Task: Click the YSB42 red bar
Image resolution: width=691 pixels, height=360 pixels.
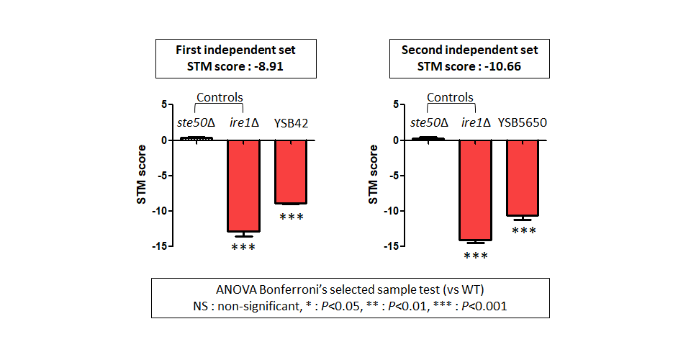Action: pos(291,172)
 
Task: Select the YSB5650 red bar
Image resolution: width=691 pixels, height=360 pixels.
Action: pos(523,178)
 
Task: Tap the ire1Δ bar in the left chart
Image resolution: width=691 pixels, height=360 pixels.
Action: pos(244,186)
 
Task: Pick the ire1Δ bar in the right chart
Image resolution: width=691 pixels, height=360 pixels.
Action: pos(476,190)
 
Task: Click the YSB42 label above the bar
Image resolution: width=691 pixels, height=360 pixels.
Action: pos(291,123)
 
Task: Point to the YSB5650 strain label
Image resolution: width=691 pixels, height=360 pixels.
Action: pos(523,122)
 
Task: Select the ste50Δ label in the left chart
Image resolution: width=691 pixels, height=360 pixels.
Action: pos(196,123)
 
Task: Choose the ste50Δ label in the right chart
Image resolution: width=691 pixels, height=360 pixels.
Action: pos(429,122)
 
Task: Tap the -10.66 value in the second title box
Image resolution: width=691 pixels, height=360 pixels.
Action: pos(503,66)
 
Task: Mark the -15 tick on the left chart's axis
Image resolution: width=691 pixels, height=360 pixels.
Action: pos(160,246)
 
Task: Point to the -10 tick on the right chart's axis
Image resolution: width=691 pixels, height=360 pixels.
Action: pos(392,211)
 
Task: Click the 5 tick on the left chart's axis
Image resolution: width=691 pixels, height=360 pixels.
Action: pos(164,104)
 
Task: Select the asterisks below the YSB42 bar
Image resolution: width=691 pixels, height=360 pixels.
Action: pos(292,217)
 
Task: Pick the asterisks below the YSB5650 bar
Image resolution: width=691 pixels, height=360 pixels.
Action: pos(524,230)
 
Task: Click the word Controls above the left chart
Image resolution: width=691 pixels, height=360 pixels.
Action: pos(220,97)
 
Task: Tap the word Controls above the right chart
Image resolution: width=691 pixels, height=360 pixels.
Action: pos(450,97)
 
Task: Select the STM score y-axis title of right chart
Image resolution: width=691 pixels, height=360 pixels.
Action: pos(373,174)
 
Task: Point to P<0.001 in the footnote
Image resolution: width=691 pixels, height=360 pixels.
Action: pos(484,306)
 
